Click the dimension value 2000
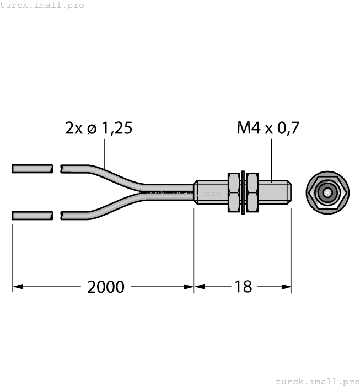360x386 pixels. pyautogui.click(x=106, y=287)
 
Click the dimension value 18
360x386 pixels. pyautogui.click(x=243, y=287)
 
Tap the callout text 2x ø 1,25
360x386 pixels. pyautogui.click(x=99, y=128)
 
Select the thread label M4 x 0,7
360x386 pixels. pyautogui.click(x=268, y=128)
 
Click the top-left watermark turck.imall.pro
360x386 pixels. pyautogui.click(x=42, y=5)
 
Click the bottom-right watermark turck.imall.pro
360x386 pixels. pyautogui.click(x=317, y=381)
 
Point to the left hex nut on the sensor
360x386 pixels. pyautogui.click(x=234, y=192)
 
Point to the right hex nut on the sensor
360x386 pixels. pyautogui.click(x=252, y=192)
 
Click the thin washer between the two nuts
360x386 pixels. pyautogui.click(x=243, y=192)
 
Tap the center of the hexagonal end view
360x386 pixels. pyautogui.click(x=327, y=193)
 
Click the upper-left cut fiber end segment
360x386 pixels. pyautogui.click(x=33, y=168)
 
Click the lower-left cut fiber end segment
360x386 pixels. pyautogui.click(x=33, y=215)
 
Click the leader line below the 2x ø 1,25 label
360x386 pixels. pyautogui.click(x=105, y=152)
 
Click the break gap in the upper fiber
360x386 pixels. pyautogui.click(x=57, y=168)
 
